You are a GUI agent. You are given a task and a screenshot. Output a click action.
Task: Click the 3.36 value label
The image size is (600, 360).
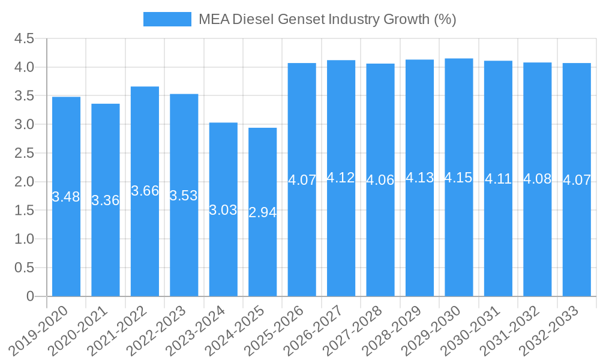click(x=106, y=200)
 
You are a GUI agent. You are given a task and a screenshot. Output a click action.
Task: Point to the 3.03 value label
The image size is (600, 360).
click(x=223, y=210)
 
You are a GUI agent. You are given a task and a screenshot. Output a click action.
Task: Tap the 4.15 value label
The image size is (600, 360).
click(x=459, y=178)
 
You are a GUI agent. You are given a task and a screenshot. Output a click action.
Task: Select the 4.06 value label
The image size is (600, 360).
click(x=380, y=180)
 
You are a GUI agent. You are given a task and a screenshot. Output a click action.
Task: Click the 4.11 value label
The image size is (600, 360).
click(x=498, y=179)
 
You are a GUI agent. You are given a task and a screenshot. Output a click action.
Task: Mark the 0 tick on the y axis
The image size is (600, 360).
click(x=30, y=296)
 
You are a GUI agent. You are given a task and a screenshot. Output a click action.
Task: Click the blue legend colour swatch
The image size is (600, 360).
click(x=167, y=19)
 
